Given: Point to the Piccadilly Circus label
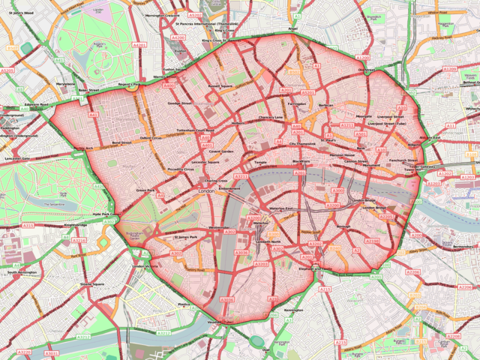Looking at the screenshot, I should (x=181, y=169).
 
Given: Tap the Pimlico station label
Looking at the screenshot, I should (x=182, y=304).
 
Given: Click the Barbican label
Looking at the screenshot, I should (x=325, y=106).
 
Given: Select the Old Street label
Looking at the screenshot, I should (x=365, y=70).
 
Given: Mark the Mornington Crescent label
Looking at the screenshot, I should (x=163, y=15).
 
